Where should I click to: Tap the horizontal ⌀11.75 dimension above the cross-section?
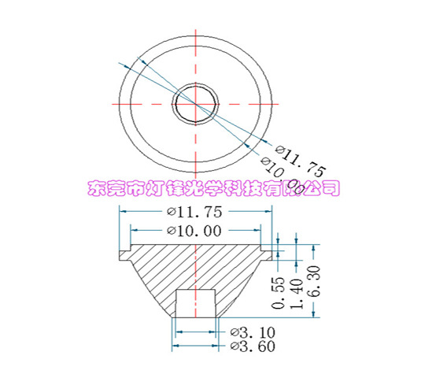[194, 211]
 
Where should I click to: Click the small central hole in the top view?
[195, 100]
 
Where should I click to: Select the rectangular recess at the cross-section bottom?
[195, 303]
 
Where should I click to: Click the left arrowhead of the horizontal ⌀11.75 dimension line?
[123, 211]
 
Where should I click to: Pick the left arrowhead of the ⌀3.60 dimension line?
[174, 346]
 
